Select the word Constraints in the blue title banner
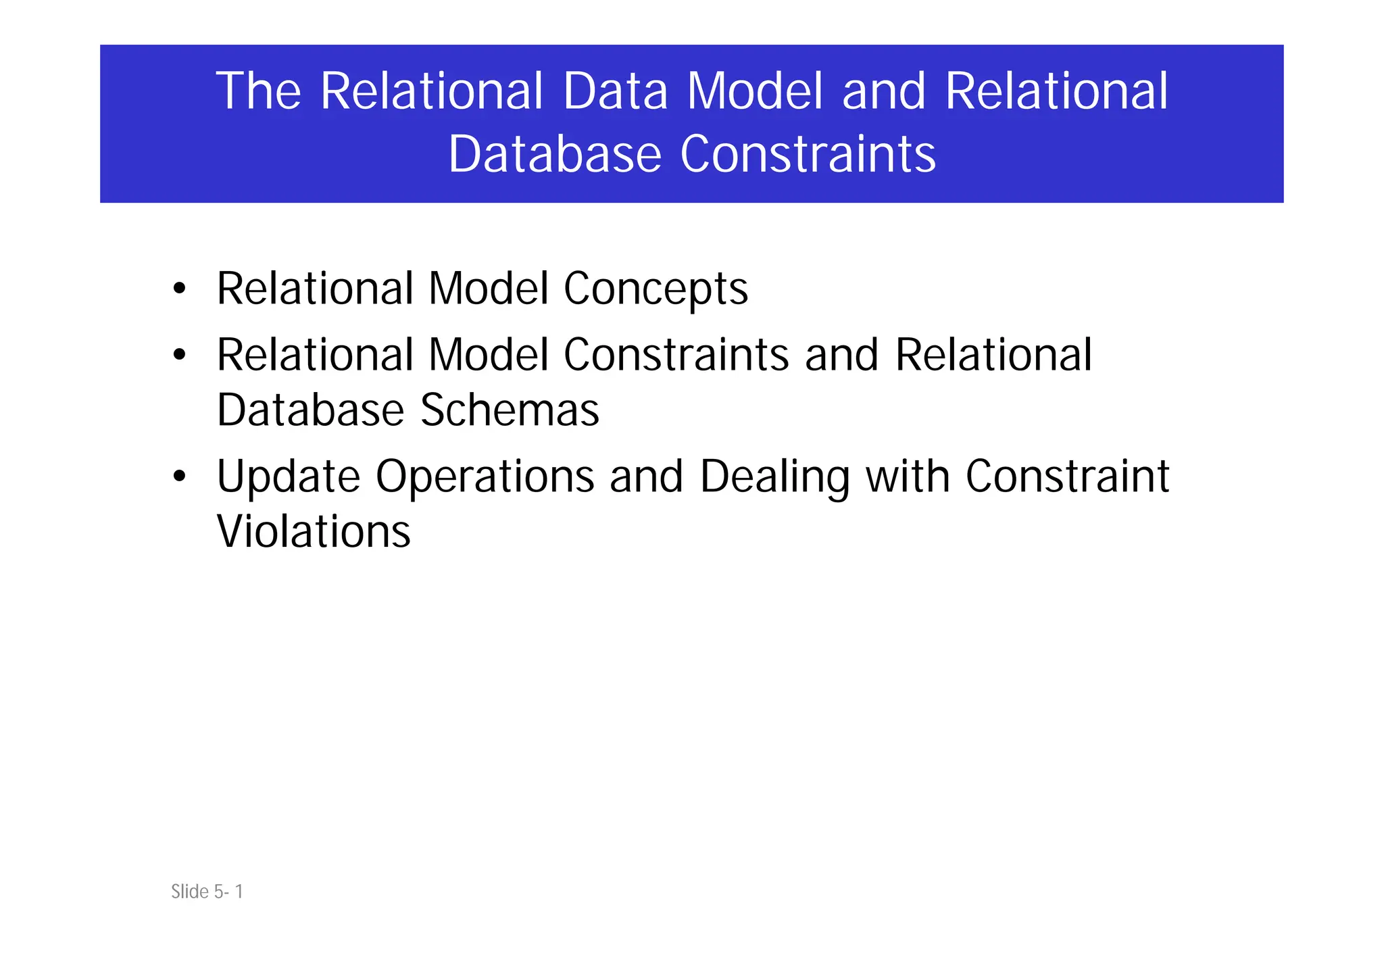808,154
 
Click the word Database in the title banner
554,154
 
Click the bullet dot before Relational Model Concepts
179,289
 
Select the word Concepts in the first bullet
656,289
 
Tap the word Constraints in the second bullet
676,355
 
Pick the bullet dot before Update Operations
179,476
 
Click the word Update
289,476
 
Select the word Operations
485,476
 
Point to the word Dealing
774,476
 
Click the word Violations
314,532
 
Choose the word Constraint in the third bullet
1067,476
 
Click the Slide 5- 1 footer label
207,891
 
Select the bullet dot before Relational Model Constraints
179,355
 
